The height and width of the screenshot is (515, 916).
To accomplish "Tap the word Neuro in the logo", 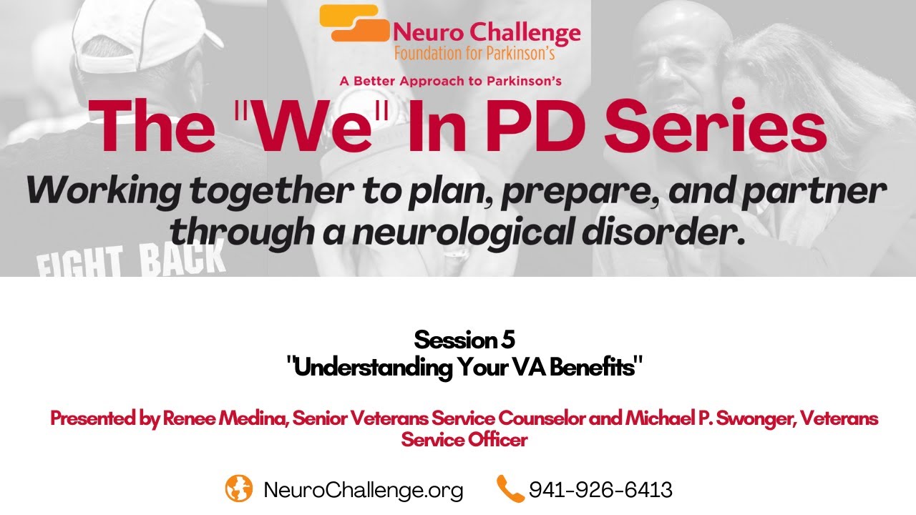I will [427, 33].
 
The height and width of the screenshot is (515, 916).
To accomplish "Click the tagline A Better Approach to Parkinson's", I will [450, 81].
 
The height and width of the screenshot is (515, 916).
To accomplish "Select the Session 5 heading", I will [464, 339].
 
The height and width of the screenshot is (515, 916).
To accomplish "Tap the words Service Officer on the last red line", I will [464, 439].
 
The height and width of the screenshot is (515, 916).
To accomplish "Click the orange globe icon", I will [239, 489].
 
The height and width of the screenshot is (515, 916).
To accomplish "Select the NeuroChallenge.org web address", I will [364, 490].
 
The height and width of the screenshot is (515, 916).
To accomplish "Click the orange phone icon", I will [510, 489].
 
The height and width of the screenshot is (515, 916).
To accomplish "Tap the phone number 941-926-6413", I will [600, 490].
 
